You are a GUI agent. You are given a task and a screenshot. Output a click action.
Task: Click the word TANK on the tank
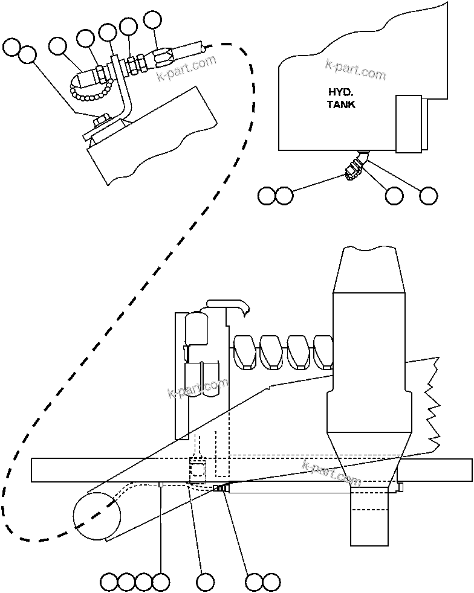(341, 104)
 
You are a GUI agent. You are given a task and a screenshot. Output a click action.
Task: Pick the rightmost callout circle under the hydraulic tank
(428, 195)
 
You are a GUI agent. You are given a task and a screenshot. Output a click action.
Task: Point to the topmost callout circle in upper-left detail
(153, 19)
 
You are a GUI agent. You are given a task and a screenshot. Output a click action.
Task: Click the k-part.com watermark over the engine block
(198, 389)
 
